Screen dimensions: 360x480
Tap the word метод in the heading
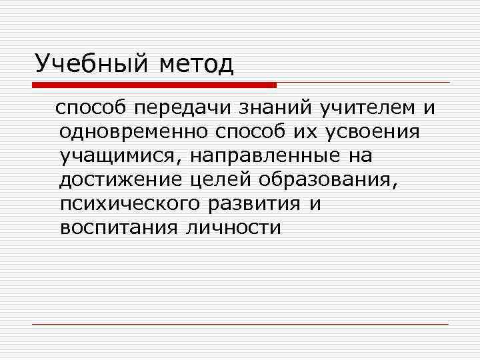pyautogui.click(x=197, y=65)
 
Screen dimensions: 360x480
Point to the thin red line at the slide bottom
pyautogui.click(x=240, y=324)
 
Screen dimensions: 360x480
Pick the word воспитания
pyautogui.click(x=119, y=228)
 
